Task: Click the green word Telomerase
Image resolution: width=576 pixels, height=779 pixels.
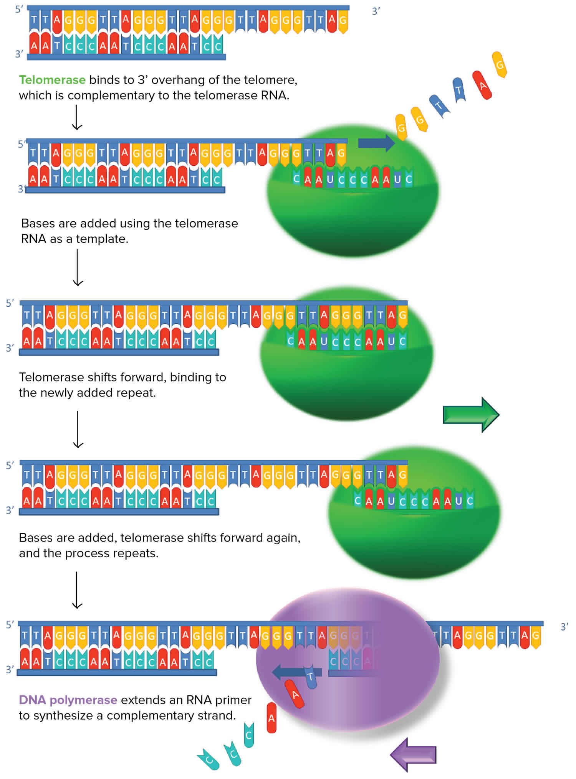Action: pos(52,80)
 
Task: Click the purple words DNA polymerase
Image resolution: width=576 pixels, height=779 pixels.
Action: pos(68,700)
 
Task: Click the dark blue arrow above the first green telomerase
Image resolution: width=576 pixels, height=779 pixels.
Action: pos(376,143)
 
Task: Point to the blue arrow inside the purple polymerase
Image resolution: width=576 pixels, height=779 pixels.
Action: pos(296,672)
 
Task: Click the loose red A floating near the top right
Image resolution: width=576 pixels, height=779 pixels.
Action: pos(482,85)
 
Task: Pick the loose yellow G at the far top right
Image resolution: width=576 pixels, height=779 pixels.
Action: pos(500,64)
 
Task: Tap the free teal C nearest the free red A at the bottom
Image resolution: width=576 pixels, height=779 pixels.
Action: pos(248,735)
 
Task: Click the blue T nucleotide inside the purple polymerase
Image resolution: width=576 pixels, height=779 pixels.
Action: pos(311,677)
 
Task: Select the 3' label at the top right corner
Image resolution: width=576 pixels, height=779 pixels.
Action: pos(376,12)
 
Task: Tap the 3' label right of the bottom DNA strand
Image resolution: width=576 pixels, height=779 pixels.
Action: pos(564,627)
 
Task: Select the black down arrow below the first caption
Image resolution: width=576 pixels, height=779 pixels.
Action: pos(77,117)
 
